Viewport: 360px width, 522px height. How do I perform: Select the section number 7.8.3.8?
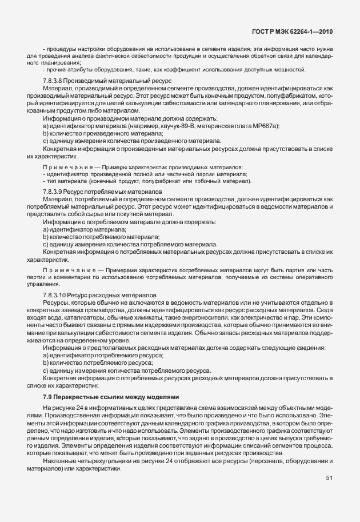[55, 82]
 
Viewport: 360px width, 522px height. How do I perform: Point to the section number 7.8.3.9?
[55, 190]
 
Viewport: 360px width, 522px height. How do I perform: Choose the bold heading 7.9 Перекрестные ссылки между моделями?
[111, 396]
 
